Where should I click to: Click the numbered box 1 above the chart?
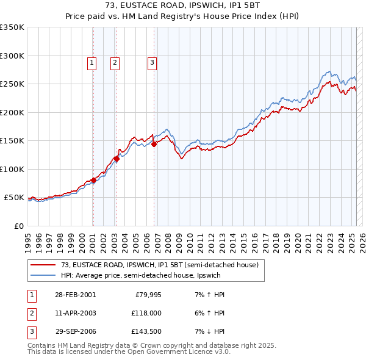91,62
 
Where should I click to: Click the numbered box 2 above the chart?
115,62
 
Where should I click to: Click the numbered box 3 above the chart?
152,62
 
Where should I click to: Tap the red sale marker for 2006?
154,144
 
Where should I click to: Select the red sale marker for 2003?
116,159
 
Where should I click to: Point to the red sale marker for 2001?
93,180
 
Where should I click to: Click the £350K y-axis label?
12,27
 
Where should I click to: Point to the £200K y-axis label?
12,112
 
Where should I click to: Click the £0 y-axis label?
19,226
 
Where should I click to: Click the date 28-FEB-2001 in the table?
76,295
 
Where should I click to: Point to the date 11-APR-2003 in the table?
76,313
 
